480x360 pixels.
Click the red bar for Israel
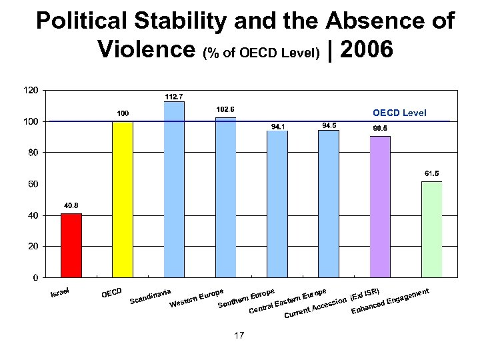pyautogui.click(x=71, y=245)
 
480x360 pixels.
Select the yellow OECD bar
pyautogui.click(x=123, y=199)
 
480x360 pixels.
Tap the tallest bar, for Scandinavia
pyautogui.click(x=174, y=189)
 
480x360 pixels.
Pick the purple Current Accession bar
pyautogui.click(x=380, y=206)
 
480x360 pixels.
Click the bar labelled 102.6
pyautogui.click(x=225, y=197)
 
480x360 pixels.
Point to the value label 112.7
pyautogui.click(x=174, y=96)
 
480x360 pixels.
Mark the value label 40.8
pyautogui.click(x=71, y=205)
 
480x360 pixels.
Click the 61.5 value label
pyautogui.click(x=431, y=173)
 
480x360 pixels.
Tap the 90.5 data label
pyautogui.click(x=380, y=128)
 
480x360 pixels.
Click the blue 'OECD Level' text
pyautogui.click(x=399, y=113)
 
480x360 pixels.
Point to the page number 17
pyautogui.click(x=239, y=335)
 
